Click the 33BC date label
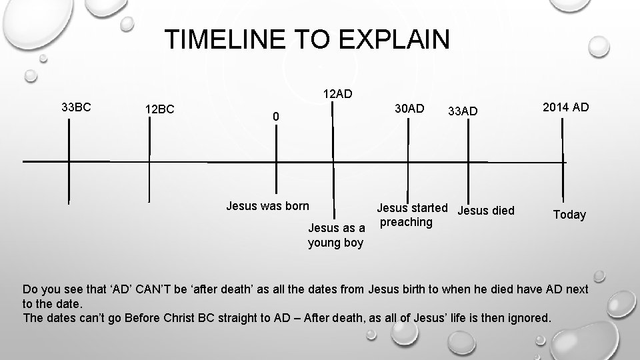77,107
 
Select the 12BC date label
160,109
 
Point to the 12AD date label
337,93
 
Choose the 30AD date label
409,108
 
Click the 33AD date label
463,111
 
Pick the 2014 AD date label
566,107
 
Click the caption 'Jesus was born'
267,205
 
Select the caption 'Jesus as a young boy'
336,235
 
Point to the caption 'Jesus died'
487,211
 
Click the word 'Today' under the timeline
569,215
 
